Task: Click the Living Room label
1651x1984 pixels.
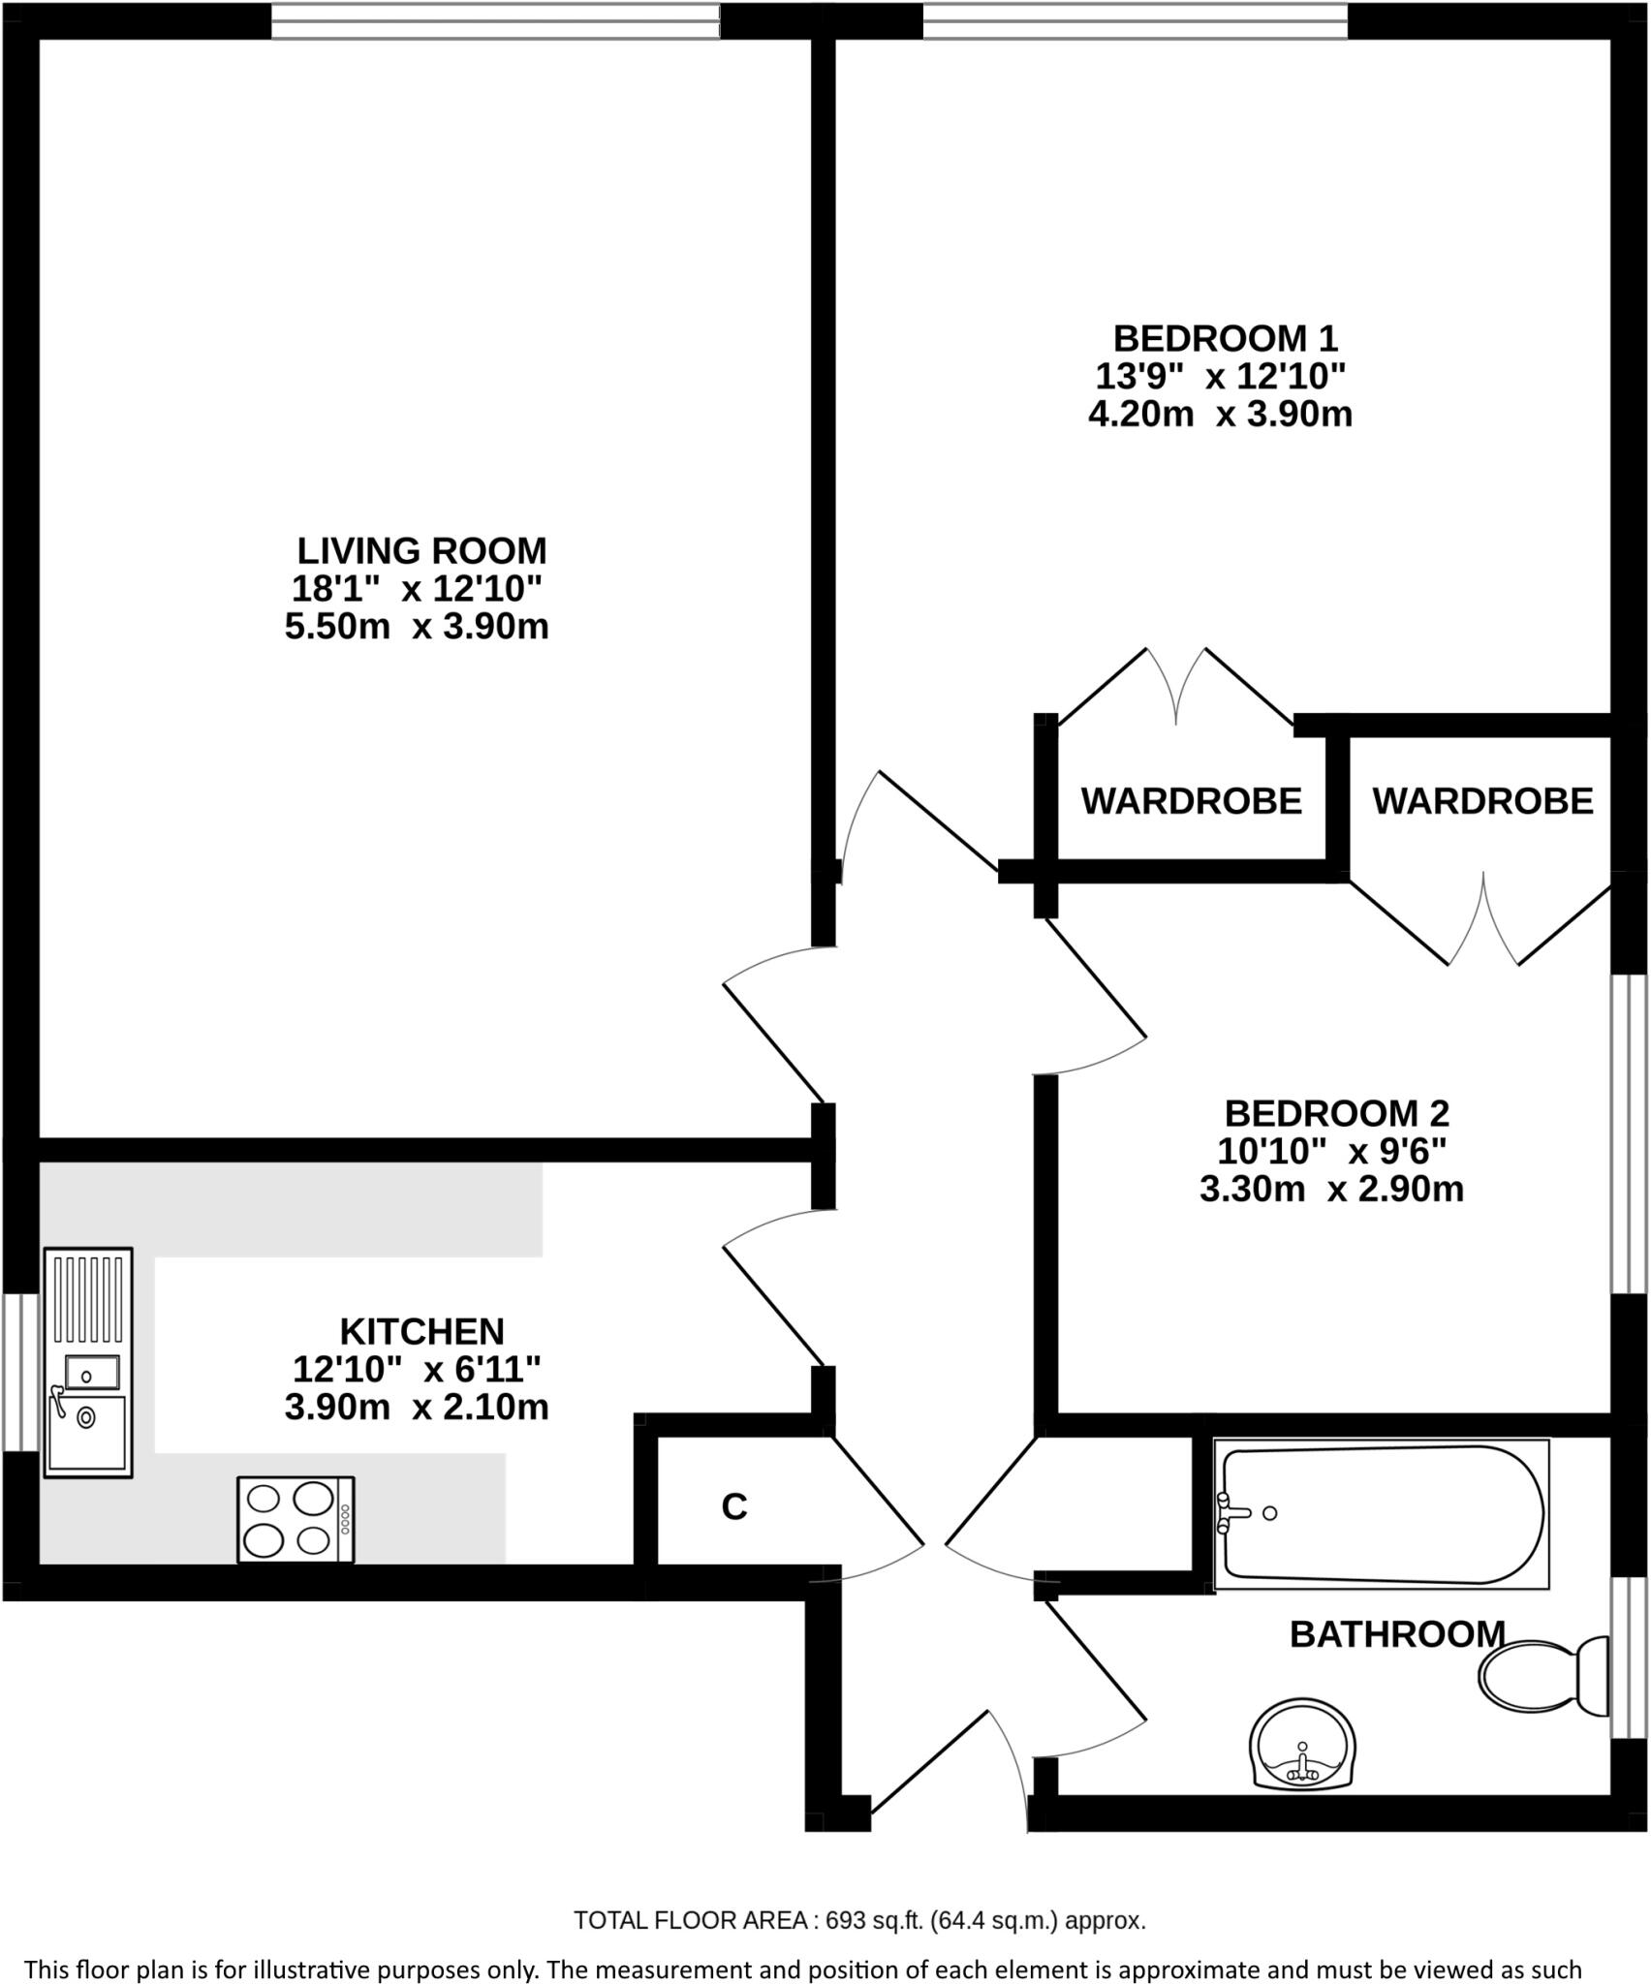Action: pyautogui.click(x=421, y=550)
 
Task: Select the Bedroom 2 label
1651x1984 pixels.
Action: pyautogui.click(x=1336, y=1112)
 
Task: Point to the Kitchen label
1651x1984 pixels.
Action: pyautogui.click(x=421, y=1331)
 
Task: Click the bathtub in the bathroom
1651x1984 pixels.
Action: pyautogui.click(x=1381, y=1513)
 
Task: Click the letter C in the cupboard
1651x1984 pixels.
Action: pyautogui.click(x=734, y=1506)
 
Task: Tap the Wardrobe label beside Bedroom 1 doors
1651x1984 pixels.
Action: pyautogui.click(x=1191, y=801)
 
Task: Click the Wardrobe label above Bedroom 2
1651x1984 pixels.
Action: pyautogui.click(x=1482, y=801)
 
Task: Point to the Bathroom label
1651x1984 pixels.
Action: pyautogui.click(x=1397, y=1634)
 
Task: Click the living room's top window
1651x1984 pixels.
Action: pyautogui.click(x=495, y=21)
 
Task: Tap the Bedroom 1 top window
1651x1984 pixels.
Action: pyautogui.click(x=1135, y=21)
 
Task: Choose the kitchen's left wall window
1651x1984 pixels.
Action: pyautogui.click(x=19, y=1372)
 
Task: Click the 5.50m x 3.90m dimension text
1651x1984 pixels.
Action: pyautogui.click(x=417, y=627)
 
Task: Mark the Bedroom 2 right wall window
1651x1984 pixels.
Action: pyautogui.click(x=1629, y=1133)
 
